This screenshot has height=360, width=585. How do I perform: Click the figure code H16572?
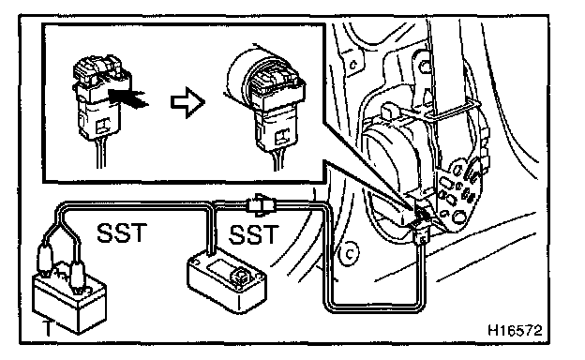coord(515,330)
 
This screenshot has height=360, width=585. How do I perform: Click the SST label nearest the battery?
coord(122,233)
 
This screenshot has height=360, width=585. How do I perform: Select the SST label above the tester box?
coord(253,234)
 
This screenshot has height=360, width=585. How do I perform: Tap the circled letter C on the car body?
coord(349,254)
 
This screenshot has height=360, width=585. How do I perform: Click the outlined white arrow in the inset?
coord(187,102)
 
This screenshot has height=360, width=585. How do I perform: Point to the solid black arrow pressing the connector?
coord(128,97)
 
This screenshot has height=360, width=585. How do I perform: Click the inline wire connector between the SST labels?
coord(261,204)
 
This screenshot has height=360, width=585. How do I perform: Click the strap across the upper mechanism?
coord(448,112)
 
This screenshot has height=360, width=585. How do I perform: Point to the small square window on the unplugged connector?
coord(102,127)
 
